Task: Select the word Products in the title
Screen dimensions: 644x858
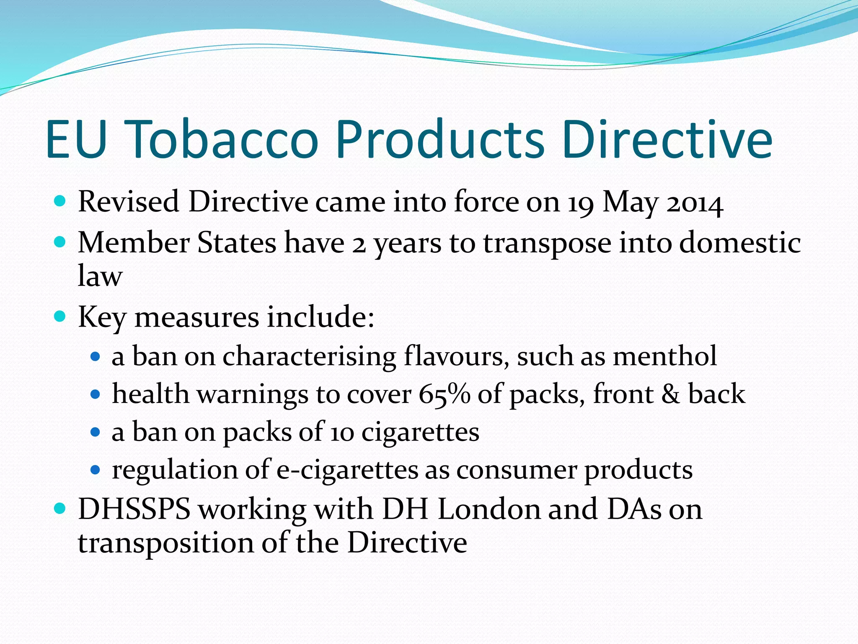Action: [x=439, y=140]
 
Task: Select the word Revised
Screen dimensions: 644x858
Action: [x=129, y=202]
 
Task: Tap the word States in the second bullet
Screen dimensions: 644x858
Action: [x=237, y=243]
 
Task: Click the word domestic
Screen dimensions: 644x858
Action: [x=740, y=243]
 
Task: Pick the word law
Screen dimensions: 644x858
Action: [x=100, y=276]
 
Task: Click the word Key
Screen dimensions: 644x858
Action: [x=102, y=317]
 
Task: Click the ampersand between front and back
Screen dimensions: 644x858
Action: [x=671, y=395]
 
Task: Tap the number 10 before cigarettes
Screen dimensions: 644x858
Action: [x=342, y=432]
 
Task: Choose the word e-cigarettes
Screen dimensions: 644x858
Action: [x=347, y=470]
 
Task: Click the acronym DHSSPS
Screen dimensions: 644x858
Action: [x=134, y=509]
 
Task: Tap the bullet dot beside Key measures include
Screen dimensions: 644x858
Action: [x=60, y=316]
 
